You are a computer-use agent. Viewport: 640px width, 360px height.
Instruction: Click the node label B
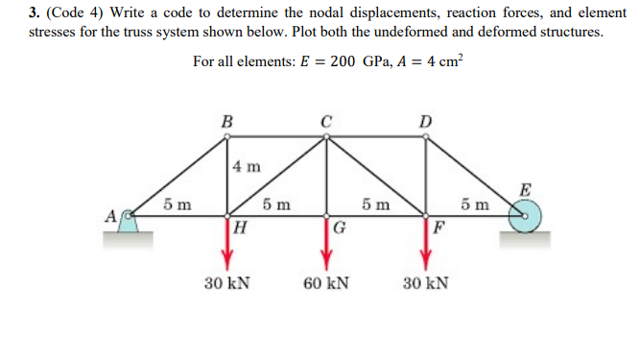[x=226, y=121]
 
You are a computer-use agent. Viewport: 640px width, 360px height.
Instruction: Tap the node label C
[x=327, y=121]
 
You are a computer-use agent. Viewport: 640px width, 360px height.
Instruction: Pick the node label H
[x=240, y=228]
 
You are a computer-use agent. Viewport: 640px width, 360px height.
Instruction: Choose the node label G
[x=340, y=228]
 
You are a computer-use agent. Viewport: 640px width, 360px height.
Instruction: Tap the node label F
[x=439, y=228]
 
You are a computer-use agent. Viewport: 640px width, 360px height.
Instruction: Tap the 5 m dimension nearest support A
[x=176, y=204]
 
